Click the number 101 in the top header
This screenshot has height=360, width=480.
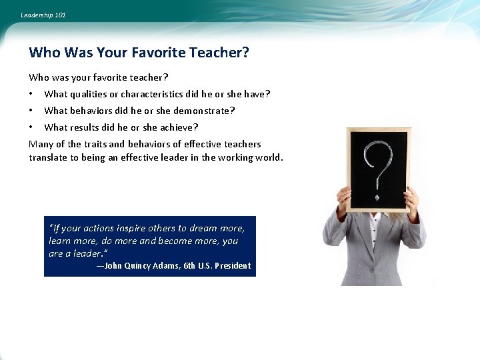(x=60, y=15)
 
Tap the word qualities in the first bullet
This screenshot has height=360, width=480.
(x=89, y=94)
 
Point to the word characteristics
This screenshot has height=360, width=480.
(x=152, y=94)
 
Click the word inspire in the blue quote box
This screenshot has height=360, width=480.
(x=131, y=228)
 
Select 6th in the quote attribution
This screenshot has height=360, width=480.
(x=189, y=265)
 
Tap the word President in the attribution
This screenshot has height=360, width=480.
(x=233, y=265)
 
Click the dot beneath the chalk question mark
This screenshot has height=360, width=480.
(x=377, y=197)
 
